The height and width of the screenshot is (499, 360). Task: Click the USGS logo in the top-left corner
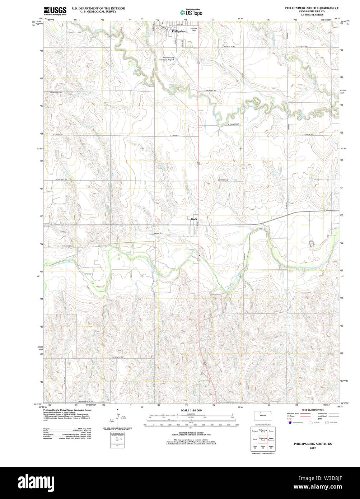(x=55, y=11)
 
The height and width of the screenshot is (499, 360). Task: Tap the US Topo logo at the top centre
(x=191, y=12)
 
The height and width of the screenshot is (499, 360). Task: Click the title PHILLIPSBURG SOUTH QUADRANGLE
(x=312, y=8)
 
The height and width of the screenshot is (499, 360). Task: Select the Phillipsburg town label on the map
(x=179, y=32)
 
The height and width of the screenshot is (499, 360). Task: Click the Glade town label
(x=194, y=219)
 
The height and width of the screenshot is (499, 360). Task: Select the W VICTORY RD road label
(x=61, y=179)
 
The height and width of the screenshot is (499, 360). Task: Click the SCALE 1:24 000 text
(x=191, y=410)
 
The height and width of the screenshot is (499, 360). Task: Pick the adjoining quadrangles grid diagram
(x=263, y=439)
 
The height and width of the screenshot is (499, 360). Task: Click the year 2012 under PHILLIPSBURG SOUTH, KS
(x=313, y=448)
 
